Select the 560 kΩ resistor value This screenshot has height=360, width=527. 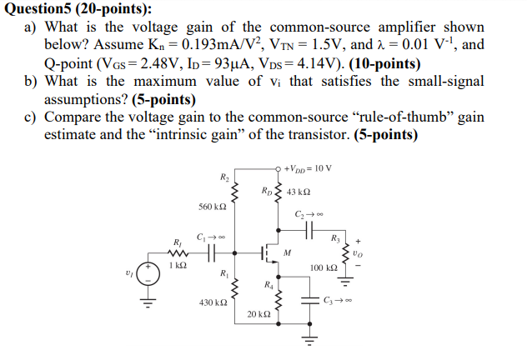(x=213, y=206)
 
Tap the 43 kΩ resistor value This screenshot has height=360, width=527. (x=298, y=192)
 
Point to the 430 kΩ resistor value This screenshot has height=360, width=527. (x=213, y=302)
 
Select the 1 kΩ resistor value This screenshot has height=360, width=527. (x=175, y=265)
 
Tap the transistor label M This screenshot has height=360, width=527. (x=286, y=251)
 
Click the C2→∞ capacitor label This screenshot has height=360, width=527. (x=308, y=215)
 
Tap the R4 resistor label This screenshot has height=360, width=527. (x=267, y=284)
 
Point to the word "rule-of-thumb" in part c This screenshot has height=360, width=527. (x=369, y=117)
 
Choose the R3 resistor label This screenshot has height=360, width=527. (x=335, y=238)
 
